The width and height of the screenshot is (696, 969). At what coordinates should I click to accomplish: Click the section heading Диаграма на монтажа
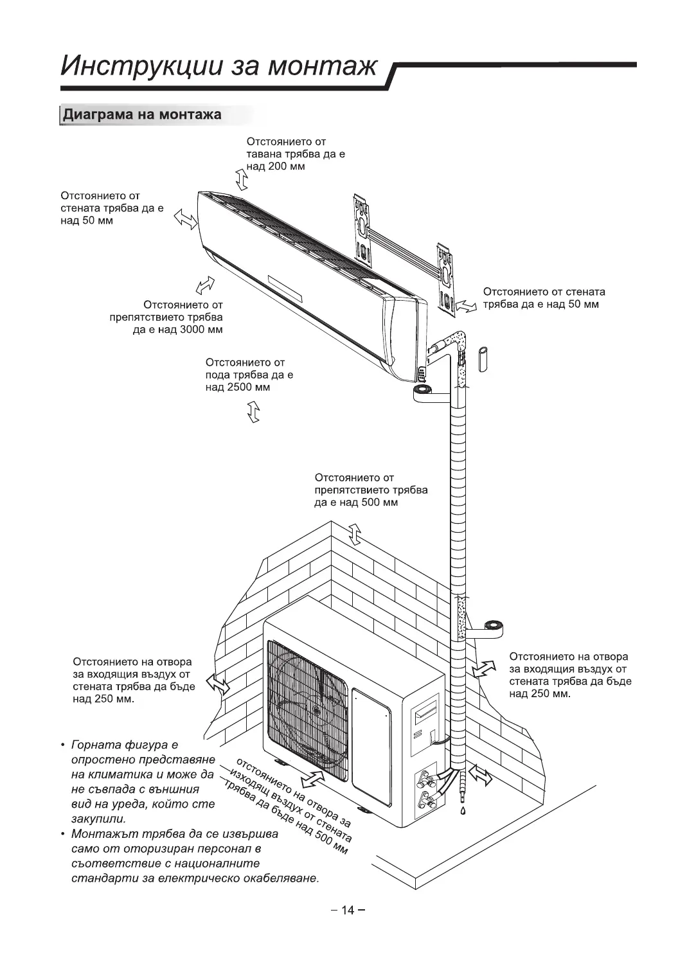[x=141, y=115]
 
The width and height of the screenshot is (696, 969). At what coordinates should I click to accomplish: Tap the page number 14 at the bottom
[x=348, y=909]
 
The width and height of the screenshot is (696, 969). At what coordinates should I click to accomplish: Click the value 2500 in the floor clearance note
[x=241, y=387]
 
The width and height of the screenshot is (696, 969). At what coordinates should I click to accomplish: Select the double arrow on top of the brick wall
[x=354, y=534]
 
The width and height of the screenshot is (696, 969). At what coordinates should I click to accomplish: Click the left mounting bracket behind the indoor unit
[x=362, y=230]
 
